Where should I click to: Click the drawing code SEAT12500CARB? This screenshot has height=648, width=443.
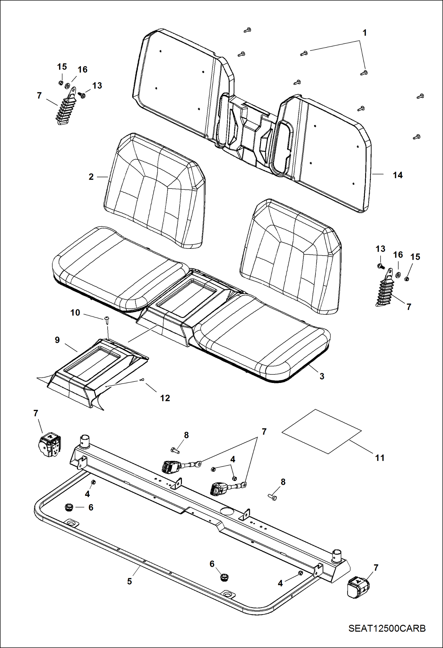point(387,628)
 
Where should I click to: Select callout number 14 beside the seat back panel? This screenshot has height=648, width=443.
point(397,175)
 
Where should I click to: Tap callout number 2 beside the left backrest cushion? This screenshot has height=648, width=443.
point(91,177)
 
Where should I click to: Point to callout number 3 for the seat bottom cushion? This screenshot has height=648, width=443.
point(322,376)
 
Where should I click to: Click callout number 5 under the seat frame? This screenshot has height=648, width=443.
point(130,581)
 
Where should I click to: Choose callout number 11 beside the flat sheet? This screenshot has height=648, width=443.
point(380,458)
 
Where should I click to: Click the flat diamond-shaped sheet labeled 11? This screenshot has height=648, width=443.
point(321,431)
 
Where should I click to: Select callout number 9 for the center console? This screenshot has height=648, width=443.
point(57,340)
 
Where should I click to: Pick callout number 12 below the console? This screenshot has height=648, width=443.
point(165,398)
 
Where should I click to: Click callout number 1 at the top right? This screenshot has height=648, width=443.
point(365,33)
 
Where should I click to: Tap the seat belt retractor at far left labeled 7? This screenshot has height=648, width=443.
point(50,445)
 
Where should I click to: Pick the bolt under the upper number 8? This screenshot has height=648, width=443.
point(175,451)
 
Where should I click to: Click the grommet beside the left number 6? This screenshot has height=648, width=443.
point(69,507)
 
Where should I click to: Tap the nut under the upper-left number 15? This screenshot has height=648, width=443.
point(61,82)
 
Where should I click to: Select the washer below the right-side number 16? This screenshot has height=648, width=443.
point(398,275)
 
